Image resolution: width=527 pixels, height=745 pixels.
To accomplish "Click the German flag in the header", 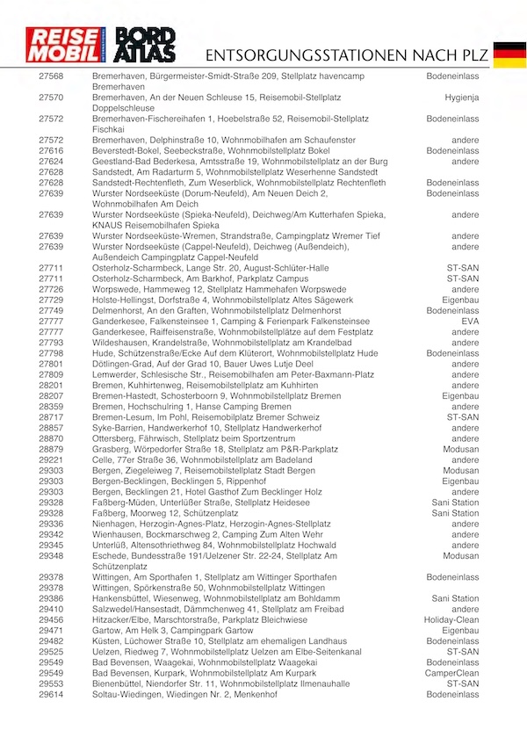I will coord(509,54).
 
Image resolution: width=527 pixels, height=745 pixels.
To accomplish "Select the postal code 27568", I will coord(52,77).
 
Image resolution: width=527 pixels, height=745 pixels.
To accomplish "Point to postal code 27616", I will coord(52,151).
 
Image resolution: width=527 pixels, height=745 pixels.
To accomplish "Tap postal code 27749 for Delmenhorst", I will coord(52,310).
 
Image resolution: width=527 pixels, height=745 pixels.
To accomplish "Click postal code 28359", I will coord(52,406).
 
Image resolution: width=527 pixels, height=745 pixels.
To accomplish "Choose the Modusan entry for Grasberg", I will coord(461,449).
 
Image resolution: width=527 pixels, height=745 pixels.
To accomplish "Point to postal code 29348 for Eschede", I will coord(52,555).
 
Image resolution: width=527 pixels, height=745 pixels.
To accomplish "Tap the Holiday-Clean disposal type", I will coord(451,619).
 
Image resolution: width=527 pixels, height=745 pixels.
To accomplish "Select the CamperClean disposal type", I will coord(454,672).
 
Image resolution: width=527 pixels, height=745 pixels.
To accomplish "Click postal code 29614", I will coord(52,694).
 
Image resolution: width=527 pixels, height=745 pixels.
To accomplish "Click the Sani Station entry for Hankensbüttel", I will coord(455,598).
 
